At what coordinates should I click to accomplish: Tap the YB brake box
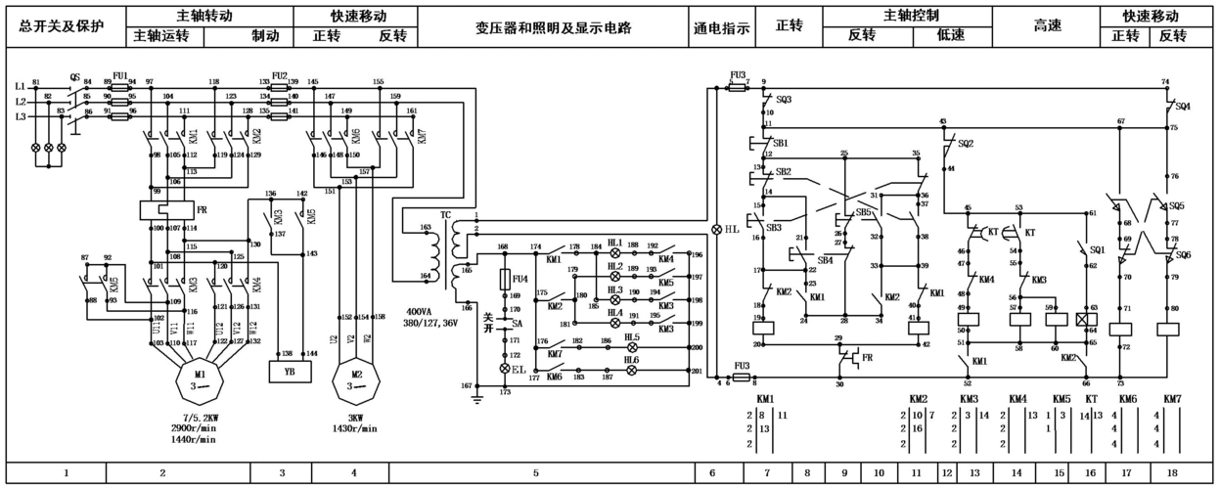290,372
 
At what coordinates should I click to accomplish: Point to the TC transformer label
445,214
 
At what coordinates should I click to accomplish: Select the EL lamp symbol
506,369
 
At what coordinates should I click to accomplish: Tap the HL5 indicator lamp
632,347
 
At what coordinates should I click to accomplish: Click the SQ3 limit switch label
784,99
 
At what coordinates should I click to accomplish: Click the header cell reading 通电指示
721,28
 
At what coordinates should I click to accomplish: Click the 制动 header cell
265,36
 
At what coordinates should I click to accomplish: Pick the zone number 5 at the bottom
536,473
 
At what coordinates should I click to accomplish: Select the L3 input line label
20,116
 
